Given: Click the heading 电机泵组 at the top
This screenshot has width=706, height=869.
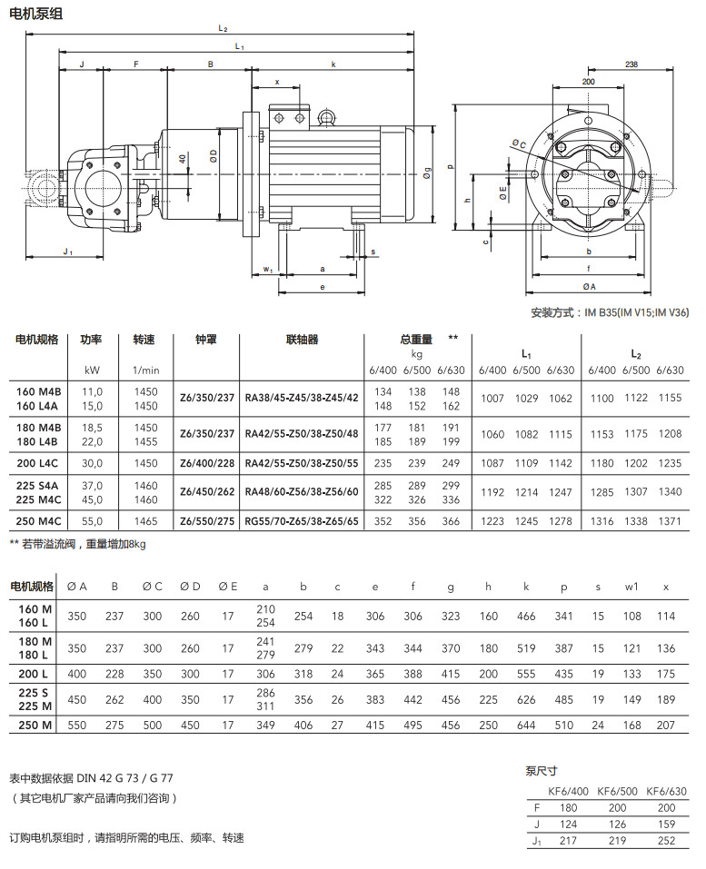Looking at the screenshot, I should pos(37,14).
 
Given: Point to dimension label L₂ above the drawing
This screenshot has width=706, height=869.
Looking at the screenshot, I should pos(223,29).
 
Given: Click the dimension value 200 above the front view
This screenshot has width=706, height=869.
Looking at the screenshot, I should pos(588,82).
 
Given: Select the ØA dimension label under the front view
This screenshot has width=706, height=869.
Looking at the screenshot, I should pos(589,287).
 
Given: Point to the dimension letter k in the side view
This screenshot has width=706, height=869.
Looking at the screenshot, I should pos(333,64).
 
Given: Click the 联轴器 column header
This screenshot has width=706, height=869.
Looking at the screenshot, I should pos(302,340).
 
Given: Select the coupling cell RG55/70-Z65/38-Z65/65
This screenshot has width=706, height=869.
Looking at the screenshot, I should pos(302,521).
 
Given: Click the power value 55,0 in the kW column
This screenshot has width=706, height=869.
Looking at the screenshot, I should pos(92,521).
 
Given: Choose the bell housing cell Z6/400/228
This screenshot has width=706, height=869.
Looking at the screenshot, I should pos(207,463).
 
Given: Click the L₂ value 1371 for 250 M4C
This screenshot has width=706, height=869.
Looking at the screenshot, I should pos(669,521).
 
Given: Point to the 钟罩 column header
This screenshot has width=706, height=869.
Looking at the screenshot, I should pos(206,340).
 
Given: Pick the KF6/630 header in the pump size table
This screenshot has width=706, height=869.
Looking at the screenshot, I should pos(667,792).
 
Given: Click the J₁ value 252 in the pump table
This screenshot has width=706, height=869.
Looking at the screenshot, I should pos(667,841).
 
